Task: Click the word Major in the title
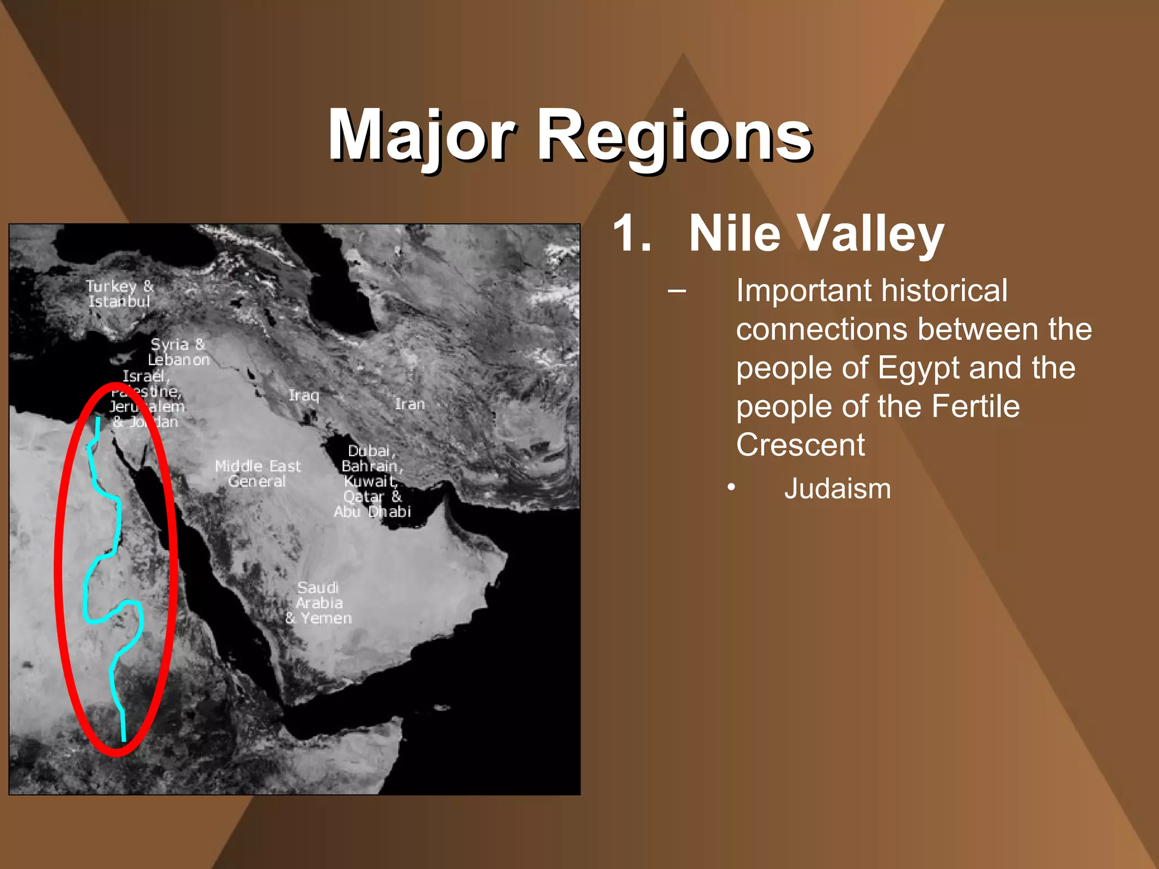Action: pos(422,136)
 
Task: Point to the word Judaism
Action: pos(837,489)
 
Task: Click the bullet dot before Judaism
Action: pos(732,487)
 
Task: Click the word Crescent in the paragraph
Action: pos(800,445)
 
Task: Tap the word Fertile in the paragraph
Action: pos(975,406)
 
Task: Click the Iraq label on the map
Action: pos(304,395)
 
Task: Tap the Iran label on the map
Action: pos(410,404)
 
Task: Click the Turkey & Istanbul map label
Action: pos(119,294)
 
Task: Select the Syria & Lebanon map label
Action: pos(178,352)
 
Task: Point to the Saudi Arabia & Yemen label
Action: pos(319,603)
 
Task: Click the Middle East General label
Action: pos(257,474)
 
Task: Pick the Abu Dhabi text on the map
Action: pos(372,512)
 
